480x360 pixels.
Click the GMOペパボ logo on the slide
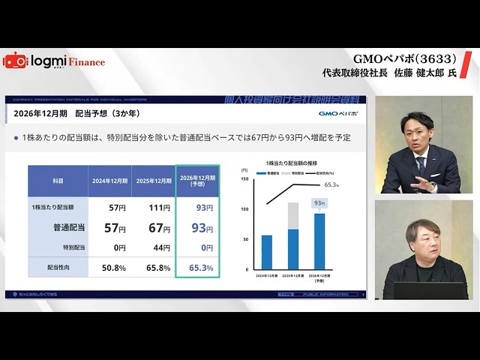click(x=338, y=114)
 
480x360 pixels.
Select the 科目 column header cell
click(x=58, y=181)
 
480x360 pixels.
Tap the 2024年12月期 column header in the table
click(x=109, y=181)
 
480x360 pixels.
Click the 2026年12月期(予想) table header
click(x=198, y=181)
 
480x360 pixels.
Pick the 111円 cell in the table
click(x=159, y=207)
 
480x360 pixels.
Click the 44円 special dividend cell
click(x=159, y=247)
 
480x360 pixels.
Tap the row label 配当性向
click(x=58, y=267)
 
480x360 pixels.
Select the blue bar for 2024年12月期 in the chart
click(x=267, y=252)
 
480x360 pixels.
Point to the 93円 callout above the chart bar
click(x=319, y=202)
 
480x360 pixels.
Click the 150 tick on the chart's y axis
click(x=244, y=180)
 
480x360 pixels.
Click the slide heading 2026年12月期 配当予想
click(x=77, y=113)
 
